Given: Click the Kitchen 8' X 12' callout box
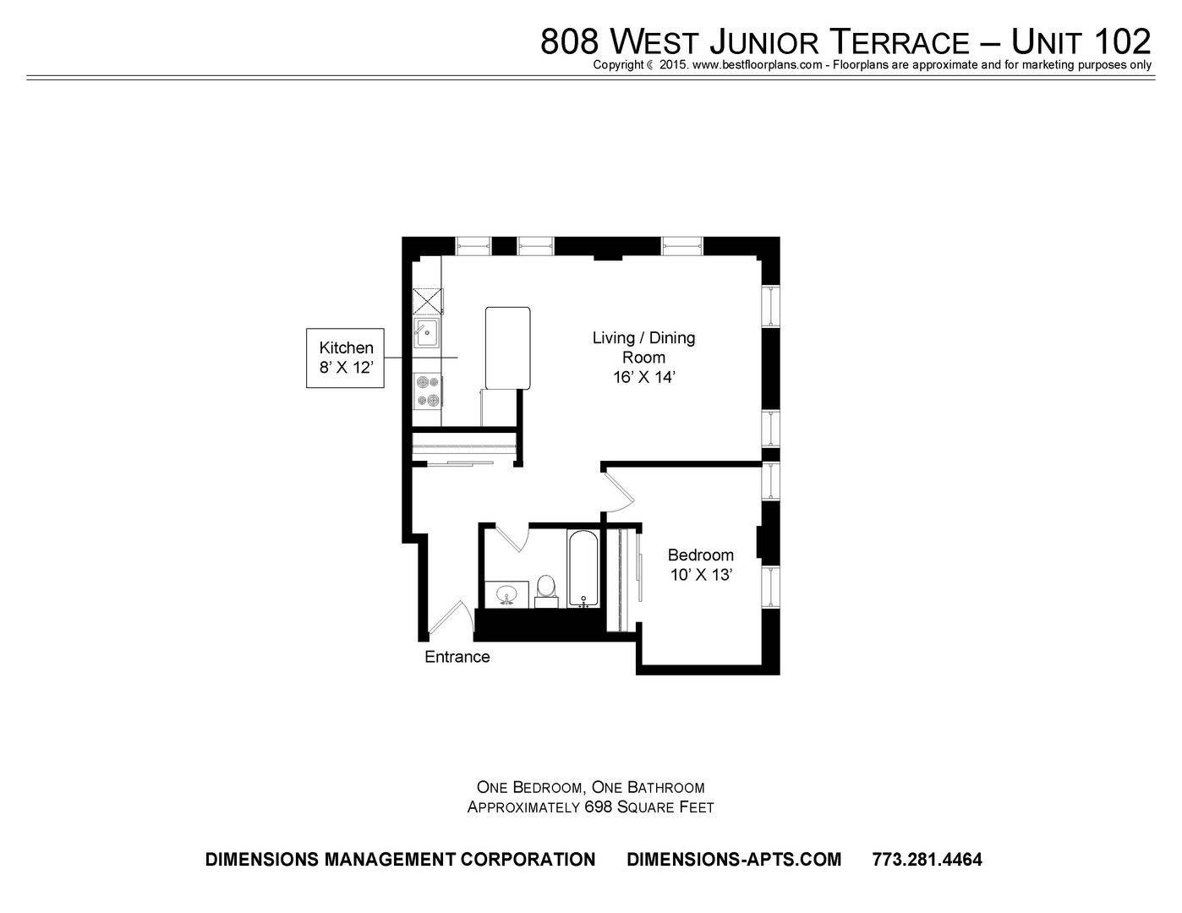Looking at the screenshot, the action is [345, 358].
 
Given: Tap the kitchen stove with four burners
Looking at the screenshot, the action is [428, 391].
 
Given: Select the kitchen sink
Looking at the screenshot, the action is [427, 333].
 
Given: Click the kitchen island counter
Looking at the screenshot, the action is [507, 348].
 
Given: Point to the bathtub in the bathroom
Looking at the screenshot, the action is [583, 568].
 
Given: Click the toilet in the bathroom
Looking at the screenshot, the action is [545, 592].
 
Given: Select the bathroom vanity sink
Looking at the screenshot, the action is [506, 594].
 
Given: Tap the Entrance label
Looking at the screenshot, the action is [457, 657].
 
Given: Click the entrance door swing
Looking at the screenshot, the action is [449, 619].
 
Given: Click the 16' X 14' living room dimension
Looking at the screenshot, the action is [644, 377].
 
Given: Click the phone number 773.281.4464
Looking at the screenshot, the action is [928, 860].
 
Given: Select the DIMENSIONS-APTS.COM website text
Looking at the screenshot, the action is [734, 860].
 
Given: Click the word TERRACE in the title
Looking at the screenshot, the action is [901, 42].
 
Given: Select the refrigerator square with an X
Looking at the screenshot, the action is [428, 302].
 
